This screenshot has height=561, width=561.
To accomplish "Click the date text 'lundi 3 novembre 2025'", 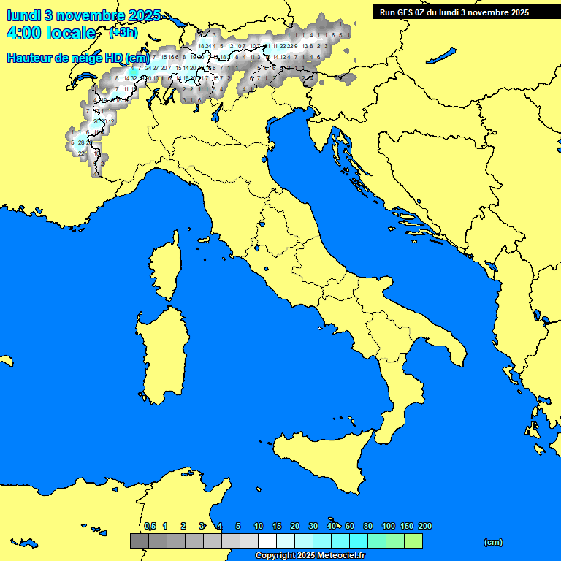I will point(83,15).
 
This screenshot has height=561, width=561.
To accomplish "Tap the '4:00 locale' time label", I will point(50,33).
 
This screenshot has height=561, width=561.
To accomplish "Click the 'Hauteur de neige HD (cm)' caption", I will point(78,58).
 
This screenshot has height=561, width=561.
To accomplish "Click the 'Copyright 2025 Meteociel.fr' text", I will point(310,555).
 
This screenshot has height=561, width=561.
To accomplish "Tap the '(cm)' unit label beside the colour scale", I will point(493,542).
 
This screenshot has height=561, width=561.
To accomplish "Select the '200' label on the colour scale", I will point(424,526).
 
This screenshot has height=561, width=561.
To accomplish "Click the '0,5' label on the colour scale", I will point(150,526).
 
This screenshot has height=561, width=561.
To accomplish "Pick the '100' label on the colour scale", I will point(388,526).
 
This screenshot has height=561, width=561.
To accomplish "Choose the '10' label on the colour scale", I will point(259,526).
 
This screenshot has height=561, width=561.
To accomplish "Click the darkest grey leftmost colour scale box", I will point(139,541).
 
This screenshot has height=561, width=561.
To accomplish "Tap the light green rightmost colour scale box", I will point(413,541).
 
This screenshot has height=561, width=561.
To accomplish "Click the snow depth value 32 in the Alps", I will point(134,77).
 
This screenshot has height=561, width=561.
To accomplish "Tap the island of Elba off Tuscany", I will point(204,239).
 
